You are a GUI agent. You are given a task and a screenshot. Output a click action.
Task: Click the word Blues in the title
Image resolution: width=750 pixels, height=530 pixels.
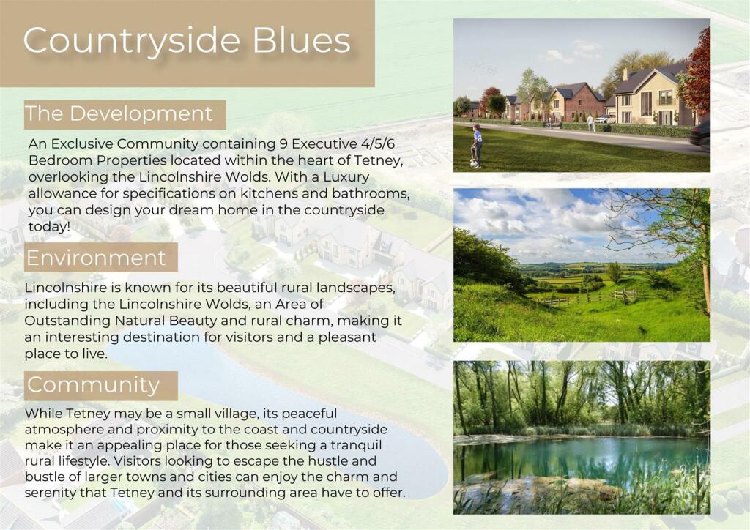302,40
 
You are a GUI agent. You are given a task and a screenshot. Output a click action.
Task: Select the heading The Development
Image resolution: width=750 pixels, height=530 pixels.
119,113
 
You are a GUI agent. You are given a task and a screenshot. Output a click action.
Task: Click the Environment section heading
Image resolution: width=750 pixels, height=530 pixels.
96,258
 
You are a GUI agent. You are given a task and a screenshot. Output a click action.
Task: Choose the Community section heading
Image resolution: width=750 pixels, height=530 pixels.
93,385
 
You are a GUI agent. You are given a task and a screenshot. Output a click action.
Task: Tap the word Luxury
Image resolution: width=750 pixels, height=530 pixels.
346,177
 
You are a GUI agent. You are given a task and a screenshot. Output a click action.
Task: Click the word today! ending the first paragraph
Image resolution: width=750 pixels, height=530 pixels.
49,226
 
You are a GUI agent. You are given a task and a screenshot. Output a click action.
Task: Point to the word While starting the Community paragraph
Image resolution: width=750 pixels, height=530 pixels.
43,413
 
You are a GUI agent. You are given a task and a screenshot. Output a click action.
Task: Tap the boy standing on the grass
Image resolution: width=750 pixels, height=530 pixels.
476,146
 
